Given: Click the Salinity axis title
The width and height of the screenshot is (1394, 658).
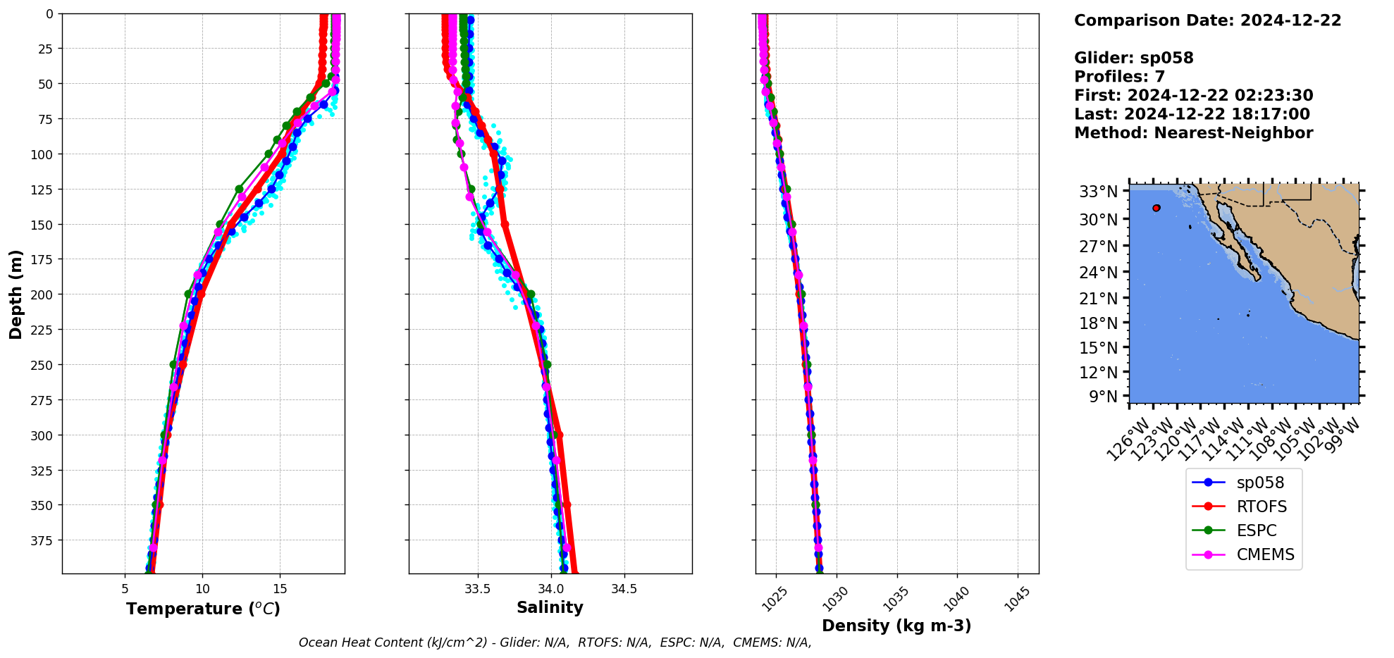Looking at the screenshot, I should coord(550,608).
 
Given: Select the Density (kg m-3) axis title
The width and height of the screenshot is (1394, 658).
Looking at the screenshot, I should coord(896,626).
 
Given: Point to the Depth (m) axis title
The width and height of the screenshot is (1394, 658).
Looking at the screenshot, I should coord(16,294).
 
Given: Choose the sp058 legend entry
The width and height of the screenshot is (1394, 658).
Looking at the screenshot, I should coord(1259,483).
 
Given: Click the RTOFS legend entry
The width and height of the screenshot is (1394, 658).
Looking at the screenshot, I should coord(1261,507).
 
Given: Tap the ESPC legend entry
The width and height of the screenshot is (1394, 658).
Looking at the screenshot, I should coord(1256,531).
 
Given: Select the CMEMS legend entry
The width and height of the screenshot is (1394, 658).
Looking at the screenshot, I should coord(1265,555).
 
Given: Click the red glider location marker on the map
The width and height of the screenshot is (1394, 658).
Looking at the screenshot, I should coord(1156,208).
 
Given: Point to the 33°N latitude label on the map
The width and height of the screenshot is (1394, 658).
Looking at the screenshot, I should coord(1098,192).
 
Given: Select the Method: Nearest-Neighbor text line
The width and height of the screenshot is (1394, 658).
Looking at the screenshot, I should coord(1193,133).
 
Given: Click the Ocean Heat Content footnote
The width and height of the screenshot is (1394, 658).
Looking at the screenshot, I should coord(555,643).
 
